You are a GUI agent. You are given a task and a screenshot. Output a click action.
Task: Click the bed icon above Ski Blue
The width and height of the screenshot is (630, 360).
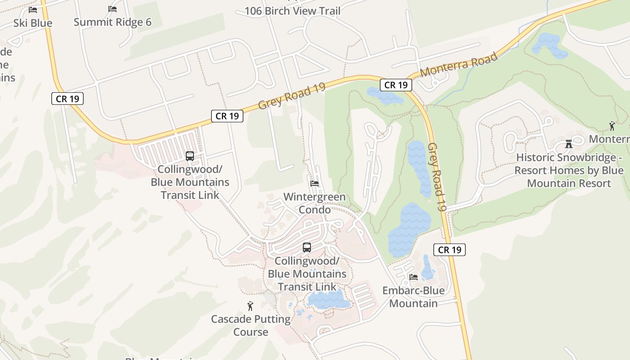pyautogui.click(x=33, y=9)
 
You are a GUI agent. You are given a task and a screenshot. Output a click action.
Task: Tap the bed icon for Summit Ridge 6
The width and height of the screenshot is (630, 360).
pyautogui.click(x=112, y=9)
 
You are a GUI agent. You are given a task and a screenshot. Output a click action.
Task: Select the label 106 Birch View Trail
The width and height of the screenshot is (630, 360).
pyautogui.click(x=292, y=11)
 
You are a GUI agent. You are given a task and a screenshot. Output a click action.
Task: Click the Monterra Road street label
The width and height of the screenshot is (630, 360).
pyautogui.click(x=459, y=65)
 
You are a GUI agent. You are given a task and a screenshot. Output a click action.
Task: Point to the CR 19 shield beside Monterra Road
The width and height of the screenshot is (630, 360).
pyautogui.click(x=396, y=85)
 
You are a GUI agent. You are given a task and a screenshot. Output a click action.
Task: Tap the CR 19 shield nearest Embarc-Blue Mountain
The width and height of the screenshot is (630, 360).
pyautogui.click(x=450, y=250)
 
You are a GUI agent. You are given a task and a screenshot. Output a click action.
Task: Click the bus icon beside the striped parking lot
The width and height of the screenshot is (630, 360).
pyautogui.click(x=190, y=156)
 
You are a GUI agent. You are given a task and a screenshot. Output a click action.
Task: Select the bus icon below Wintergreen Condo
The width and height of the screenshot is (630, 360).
pyautogui.click(x=307, y=247)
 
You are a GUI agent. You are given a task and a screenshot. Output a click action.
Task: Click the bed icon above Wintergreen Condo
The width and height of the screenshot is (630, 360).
pyautogui.click(x=315, y=184)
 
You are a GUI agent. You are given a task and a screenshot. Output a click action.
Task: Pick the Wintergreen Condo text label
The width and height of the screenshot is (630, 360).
pyautogui.click(x=315, y=203)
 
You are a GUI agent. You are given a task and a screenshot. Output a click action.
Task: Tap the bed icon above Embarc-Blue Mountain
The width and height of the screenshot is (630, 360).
pyautogui.click(x=413, y=277)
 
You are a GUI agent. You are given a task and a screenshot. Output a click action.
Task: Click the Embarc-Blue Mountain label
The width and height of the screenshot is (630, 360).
pyautogui.click(x=413, y=297)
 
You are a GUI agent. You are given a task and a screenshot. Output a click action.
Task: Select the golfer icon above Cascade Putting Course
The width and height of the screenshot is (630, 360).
pyautogui.click(x=251, y=306)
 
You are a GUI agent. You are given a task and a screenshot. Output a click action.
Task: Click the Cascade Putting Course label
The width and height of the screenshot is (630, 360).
pyautogui.click(x=251, y=325)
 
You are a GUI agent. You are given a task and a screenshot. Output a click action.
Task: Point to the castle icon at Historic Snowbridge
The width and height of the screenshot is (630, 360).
pyautogui.click(x=569, y=144)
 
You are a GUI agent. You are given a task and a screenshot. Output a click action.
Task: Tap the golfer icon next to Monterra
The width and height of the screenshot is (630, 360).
pyautogui.click(x=612, y=126)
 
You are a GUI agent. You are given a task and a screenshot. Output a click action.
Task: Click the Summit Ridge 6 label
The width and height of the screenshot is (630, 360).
pyautogui.click(x=112, y=22)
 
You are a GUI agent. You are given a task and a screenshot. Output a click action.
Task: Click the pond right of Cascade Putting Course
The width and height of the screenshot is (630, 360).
pyautogui.click(x=328, y=299)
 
